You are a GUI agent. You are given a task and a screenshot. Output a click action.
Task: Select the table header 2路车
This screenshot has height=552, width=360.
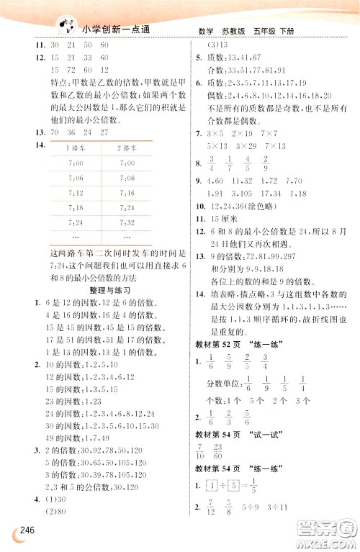[x=127, y=148]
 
